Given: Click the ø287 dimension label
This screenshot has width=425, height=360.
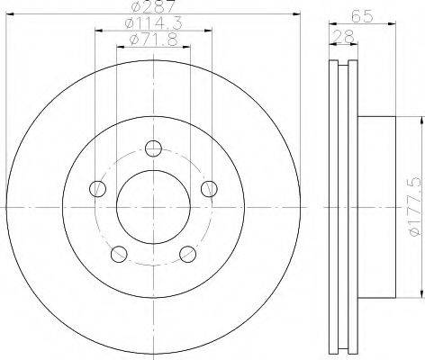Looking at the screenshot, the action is [153, 6].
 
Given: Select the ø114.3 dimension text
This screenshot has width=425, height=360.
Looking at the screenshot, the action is [153, 23].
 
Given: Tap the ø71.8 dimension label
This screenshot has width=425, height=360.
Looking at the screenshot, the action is [153, 40].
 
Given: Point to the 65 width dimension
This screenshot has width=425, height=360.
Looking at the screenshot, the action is [362, 16].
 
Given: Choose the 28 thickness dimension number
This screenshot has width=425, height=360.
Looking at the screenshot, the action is [344, 37].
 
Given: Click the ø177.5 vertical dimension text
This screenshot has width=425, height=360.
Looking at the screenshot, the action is [416, 207].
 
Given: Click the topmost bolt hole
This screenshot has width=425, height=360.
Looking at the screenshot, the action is [153, 148].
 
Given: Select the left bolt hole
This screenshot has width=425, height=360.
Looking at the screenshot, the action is [98, 189].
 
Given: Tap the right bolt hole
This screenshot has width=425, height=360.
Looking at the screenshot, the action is [209, 189].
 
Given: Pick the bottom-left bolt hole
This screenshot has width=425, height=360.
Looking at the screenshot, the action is [119, 254].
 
